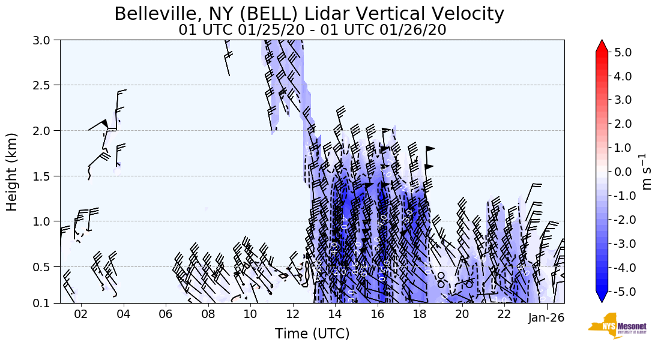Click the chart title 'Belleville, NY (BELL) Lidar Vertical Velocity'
tap(309, 14)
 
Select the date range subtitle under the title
tap(312, 30)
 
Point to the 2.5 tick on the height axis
tap(46, 85)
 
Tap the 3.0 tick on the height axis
tap(46, 40)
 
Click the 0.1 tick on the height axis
tap(46, 304)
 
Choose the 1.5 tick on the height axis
tap(46, 176)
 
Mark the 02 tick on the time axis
tap(81, 314)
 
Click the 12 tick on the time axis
tap(292, 314)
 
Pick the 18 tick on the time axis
tap(420, 314)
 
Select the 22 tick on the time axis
tap(504, 314)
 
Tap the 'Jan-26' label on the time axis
tap(546, 318)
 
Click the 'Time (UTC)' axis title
tap(312, 334)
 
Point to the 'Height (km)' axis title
tap(13, 172)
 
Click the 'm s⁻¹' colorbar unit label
tap(648, 172)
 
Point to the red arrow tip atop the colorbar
tap(602, 44)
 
